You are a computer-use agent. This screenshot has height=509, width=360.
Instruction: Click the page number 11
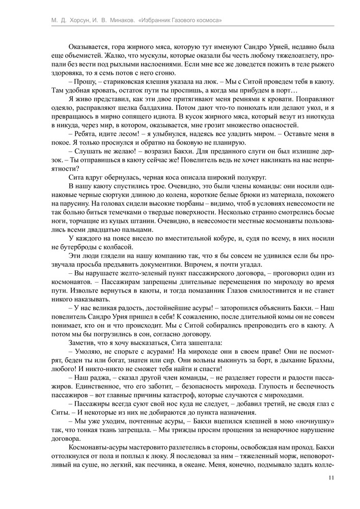point(331,478)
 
